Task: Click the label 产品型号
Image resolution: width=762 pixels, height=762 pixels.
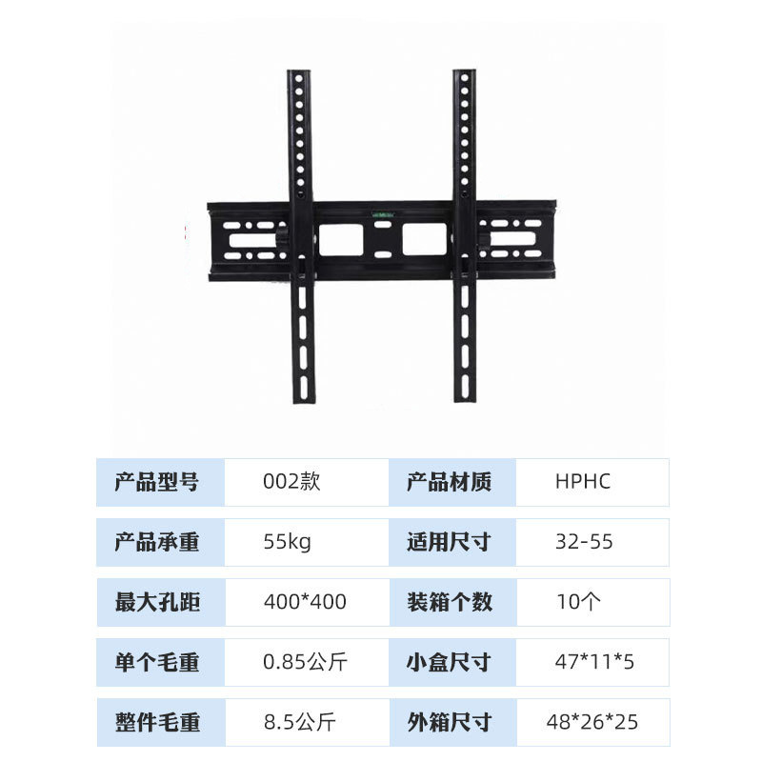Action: tap(157, 482)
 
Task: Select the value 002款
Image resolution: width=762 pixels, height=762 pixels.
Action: tap(291, 482)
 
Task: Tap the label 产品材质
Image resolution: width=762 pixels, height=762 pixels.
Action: tap(450, 482)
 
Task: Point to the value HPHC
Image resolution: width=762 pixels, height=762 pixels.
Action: tap(582, 482)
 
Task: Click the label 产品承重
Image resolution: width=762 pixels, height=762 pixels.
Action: tap(157, 543)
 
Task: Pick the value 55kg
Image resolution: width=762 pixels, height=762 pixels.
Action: tap(287, 543)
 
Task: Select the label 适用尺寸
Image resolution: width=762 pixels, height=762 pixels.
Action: tap(450, 543)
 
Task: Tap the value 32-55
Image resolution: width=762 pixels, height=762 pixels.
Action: tap(584, 543)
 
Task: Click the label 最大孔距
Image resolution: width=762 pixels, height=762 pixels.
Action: tap(157, 602)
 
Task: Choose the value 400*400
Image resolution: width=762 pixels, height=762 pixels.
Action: tap(305, 602)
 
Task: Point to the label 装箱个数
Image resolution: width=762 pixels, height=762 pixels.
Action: tap(450, 602)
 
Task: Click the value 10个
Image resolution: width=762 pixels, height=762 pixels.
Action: tap(578, 602)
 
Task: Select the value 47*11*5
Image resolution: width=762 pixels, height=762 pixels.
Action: tap(595, 662)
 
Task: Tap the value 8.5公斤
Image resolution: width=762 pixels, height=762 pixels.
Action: tap(299, 722)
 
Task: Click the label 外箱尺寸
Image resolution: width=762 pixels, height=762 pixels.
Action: tap(450, 722)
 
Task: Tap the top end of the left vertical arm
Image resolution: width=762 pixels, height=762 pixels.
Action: tap(299, 73)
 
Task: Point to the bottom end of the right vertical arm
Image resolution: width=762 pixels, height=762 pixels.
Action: tap(465, 394)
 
